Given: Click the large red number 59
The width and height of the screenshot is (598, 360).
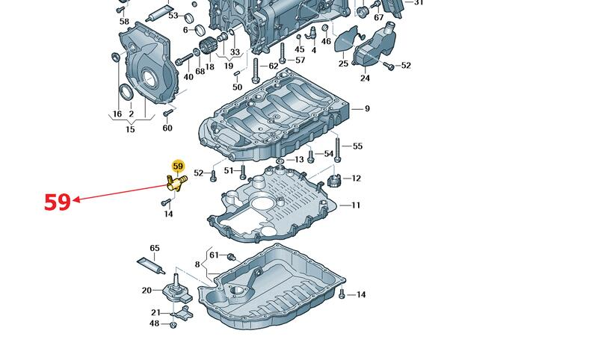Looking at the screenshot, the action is pos(58,202).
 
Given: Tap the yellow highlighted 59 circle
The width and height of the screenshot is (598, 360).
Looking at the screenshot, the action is pos(178,166).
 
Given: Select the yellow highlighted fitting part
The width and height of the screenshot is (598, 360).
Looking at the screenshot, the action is pos(176,182).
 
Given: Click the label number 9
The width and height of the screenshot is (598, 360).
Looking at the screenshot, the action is pos(367,109).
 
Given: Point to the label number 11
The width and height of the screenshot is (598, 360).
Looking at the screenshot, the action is pos(356,205).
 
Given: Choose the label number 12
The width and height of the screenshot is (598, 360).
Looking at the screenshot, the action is pos(356,179).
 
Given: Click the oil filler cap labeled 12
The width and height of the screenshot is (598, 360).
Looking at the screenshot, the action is pos(334,180).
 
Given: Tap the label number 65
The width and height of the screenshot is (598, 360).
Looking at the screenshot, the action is pos(155,249).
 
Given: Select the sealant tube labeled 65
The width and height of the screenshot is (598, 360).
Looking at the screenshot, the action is pos(151,266).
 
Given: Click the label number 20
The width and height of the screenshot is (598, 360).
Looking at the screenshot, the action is pos(147,291).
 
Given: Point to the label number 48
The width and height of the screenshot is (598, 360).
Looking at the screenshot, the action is pos(154,324).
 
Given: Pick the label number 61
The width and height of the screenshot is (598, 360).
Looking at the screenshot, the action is pos(215,255).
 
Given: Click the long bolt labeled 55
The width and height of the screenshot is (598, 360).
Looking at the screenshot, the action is pos(337,149).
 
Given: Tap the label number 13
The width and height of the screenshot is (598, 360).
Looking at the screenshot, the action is pos(300,160).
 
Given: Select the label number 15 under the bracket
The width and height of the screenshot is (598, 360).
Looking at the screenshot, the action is pos(130,129).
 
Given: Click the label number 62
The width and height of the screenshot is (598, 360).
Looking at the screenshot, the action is pos(274,66).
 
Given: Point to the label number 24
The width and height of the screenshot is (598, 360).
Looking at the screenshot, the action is pos(365,78).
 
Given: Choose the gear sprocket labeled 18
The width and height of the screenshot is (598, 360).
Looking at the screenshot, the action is pos(208,48).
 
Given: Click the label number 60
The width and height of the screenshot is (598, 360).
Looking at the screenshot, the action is pos(167,128).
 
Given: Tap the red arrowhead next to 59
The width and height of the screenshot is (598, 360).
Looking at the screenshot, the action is pos(76,199).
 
